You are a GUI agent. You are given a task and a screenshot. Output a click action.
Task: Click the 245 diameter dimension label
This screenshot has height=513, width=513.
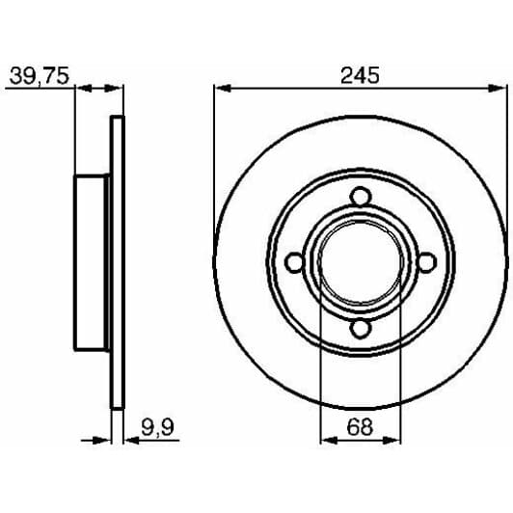[x=360, y=75]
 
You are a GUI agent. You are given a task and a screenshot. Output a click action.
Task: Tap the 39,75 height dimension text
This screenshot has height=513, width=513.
[x=40, y=76]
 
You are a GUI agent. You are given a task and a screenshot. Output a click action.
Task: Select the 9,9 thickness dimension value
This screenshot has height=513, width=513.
[x=158, y=427]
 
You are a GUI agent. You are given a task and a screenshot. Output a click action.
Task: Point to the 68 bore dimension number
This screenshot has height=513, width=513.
[x=360, y=426]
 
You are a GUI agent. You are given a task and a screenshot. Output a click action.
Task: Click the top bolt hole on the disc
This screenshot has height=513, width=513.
[x=361, y=197]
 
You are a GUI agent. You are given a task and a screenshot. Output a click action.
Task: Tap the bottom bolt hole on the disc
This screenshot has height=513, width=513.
[x=361, y=329]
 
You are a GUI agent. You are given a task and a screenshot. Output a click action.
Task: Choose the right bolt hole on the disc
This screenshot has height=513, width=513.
[x=426, y=262]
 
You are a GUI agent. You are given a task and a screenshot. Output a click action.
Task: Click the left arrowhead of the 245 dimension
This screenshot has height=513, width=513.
[x=223, y=88]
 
